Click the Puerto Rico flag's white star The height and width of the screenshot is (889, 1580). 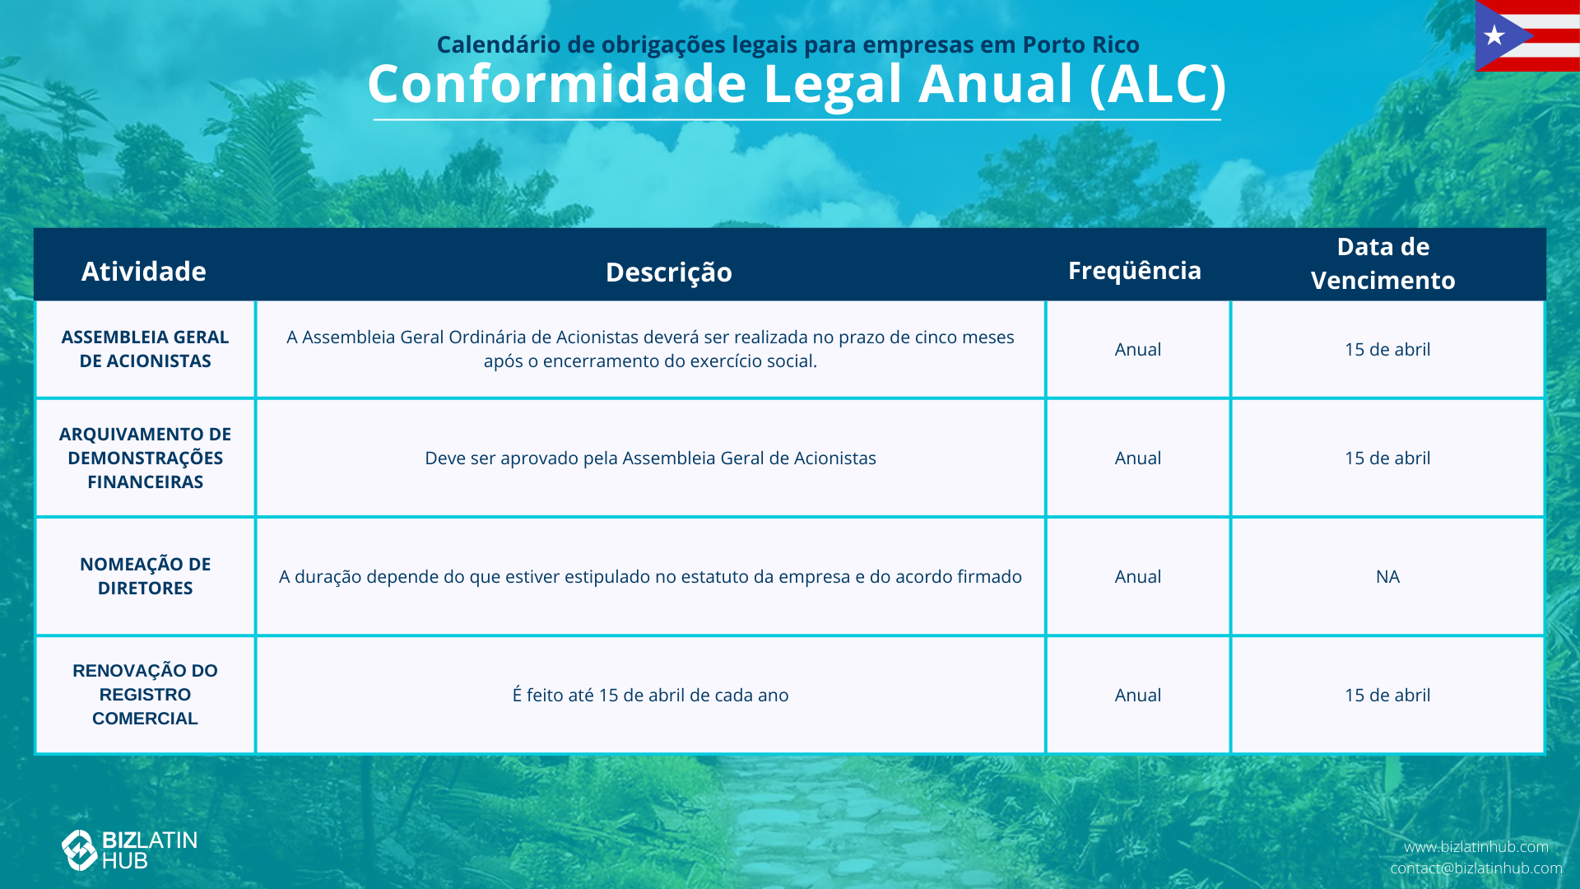(x=1494, y=35)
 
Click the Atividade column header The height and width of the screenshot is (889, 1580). (x=144, y=272)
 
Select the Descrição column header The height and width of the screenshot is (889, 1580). (x=669, y=272)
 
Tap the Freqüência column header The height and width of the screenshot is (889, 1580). (x=1135, y=270)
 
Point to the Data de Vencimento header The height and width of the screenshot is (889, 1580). (x=1383, y=263)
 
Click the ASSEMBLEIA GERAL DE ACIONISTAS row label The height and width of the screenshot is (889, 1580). (x=146, y=349)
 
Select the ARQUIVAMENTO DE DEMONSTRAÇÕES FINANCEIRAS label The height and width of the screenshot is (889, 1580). (x=146, y=458)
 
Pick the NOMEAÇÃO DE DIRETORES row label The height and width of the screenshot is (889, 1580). (x=146, y=576)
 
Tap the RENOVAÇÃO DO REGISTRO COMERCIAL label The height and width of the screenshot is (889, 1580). (x=146, y=695)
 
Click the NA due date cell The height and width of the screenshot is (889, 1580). (x=1387, y=577)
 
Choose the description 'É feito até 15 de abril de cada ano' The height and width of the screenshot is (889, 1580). (x=650, y=695)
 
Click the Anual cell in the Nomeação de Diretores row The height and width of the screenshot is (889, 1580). (x=1138, y=577)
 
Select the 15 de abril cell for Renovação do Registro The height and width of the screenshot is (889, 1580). (x=1387, y=696)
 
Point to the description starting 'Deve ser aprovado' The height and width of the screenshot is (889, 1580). (x=650, y=458)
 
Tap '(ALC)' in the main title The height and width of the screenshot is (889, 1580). (x=1158, y=85)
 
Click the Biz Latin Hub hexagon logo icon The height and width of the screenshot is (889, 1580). (x=80, y=850)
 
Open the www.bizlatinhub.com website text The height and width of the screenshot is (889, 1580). (x=1476, y=847)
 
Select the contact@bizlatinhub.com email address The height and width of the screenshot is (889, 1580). (x=1476, y=868)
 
